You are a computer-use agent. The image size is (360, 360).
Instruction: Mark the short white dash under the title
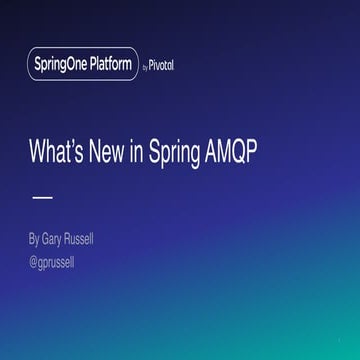[42, 197]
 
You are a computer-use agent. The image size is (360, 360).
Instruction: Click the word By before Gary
[35, 240]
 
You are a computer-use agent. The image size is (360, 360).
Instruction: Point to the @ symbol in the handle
[34, 263]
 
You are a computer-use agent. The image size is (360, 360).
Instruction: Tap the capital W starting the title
[37, 155]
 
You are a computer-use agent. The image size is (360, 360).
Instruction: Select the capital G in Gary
[47, 240]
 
